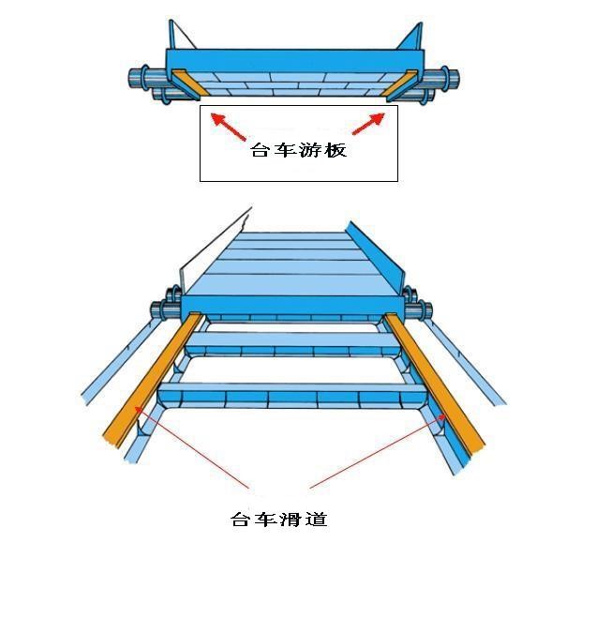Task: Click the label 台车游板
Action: click(x=298, y=150)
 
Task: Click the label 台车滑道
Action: click(x=279, y=519)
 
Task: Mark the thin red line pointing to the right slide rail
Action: click(x=375, y=450)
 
